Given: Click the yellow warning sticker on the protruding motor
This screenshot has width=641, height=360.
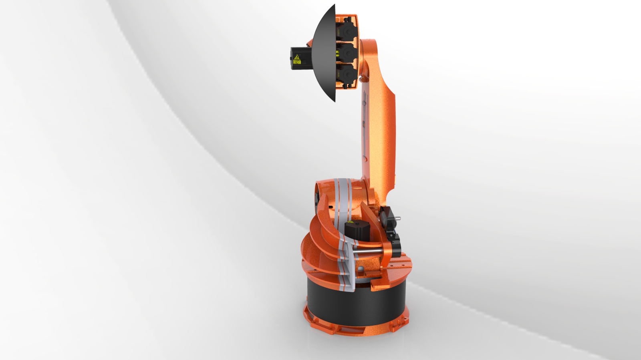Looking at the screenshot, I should (x=297, y=60).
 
